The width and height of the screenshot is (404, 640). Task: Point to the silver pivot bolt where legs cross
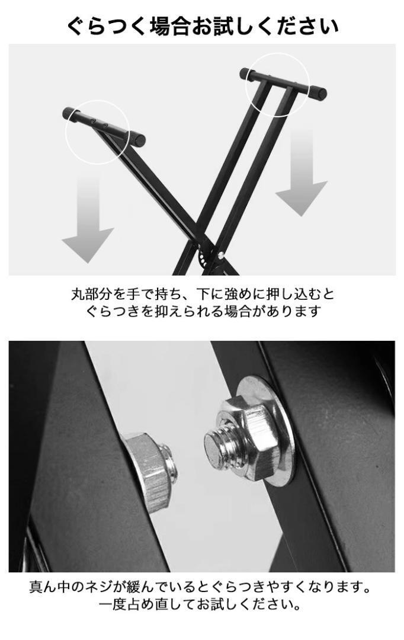(220, 255)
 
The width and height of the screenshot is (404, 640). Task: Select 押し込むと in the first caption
(300, 293)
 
